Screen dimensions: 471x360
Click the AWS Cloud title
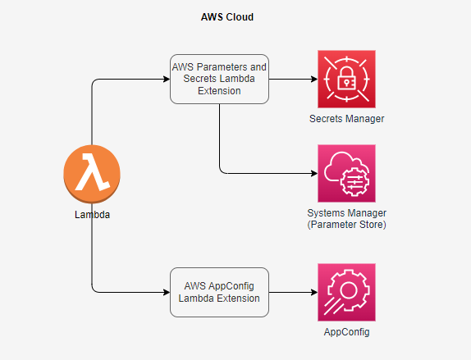227,17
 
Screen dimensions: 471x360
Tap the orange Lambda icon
92,174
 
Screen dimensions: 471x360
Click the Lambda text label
92,215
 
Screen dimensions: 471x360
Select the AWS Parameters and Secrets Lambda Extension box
219,80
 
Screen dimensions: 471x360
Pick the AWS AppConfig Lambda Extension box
219,292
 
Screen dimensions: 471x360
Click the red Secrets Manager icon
346,80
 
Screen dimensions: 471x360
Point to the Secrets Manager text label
346,119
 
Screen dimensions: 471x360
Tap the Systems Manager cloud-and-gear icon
346,173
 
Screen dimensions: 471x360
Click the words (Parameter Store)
346,225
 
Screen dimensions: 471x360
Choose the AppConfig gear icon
346,293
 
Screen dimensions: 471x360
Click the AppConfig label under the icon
346,332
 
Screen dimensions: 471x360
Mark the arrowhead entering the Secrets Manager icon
314,80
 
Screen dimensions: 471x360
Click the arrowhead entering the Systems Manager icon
314,173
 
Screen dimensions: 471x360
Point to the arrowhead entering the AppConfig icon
314,292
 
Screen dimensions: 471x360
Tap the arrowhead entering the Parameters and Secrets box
167,80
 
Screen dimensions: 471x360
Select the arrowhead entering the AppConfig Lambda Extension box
167,292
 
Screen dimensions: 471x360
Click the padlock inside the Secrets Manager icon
346,79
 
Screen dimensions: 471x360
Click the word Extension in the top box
219,91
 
